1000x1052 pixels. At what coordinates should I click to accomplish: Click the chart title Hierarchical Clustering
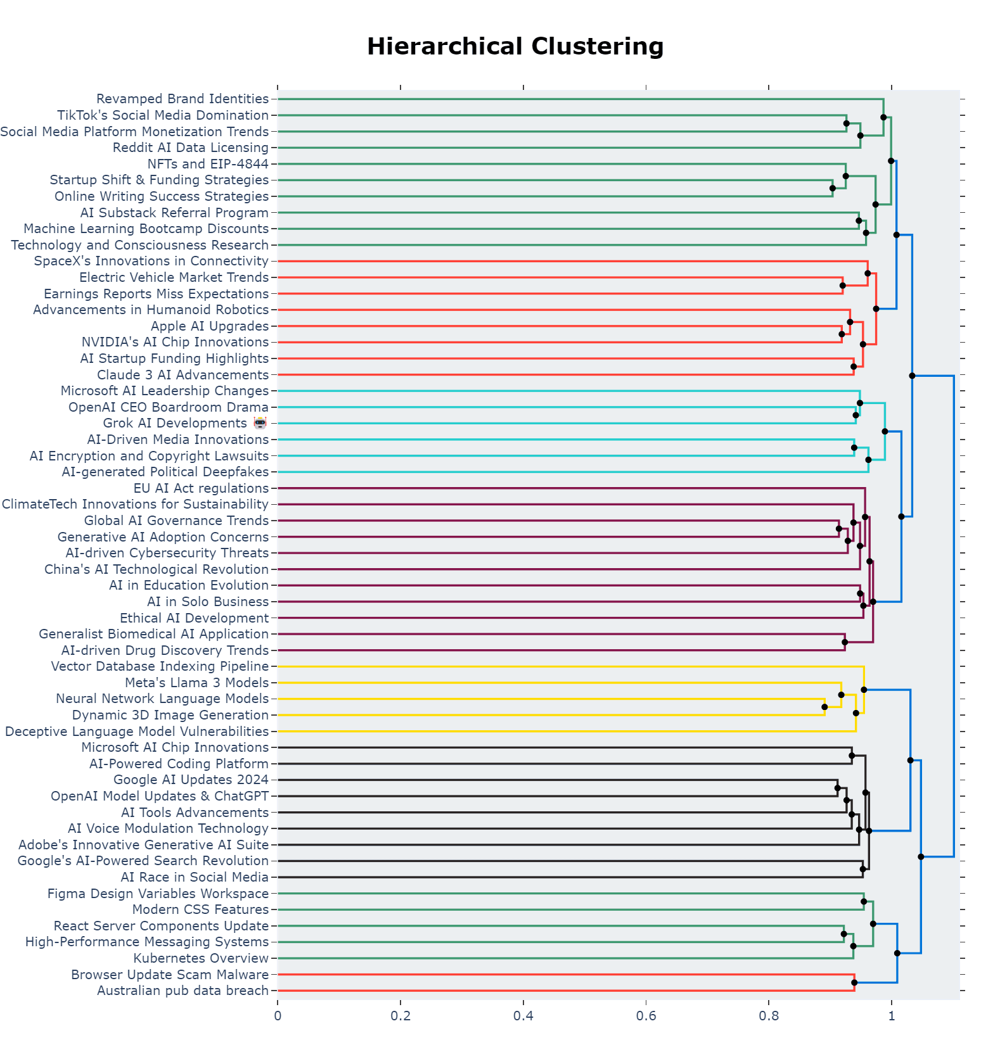[x=515, y=47]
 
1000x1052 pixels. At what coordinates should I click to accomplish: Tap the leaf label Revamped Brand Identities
[x=183, y=99]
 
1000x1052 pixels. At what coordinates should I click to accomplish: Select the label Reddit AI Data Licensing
[x=191, y=148]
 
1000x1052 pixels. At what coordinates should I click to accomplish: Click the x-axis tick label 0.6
[x=646, y=1017]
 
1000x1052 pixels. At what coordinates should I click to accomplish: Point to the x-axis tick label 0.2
[x=401, y=1017]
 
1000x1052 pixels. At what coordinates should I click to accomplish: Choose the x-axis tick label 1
[x=891, y=1017]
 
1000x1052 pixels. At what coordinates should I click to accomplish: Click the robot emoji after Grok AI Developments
[x=260, y=423]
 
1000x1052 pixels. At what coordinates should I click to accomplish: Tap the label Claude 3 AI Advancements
[x=183, y=375]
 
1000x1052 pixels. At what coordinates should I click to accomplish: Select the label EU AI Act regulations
[x=201, y=488]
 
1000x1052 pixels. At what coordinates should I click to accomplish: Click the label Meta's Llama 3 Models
[x=196, y=683]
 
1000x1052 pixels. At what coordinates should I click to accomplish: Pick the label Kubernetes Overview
[x=201, y=958]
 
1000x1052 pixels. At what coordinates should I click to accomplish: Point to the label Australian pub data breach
[x=183, y=991]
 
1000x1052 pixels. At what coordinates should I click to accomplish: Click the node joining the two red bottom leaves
[x=854, y=982]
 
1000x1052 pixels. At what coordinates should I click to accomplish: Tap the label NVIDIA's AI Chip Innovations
[x=175, y=342]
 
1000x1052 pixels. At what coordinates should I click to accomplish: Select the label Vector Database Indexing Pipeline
[x=160, y=666]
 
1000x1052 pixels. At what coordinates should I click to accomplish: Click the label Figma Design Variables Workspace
[x=158, y=894]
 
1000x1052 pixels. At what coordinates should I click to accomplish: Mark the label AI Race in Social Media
[x=195, y=877]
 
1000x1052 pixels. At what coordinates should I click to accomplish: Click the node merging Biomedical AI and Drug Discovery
[x=845, y=642]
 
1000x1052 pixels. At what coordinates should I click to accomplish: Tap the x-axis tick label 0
[x=278, y=1017]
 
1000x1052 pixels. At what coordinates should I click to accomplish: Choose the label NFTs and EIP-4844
[x=208, y=164]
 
